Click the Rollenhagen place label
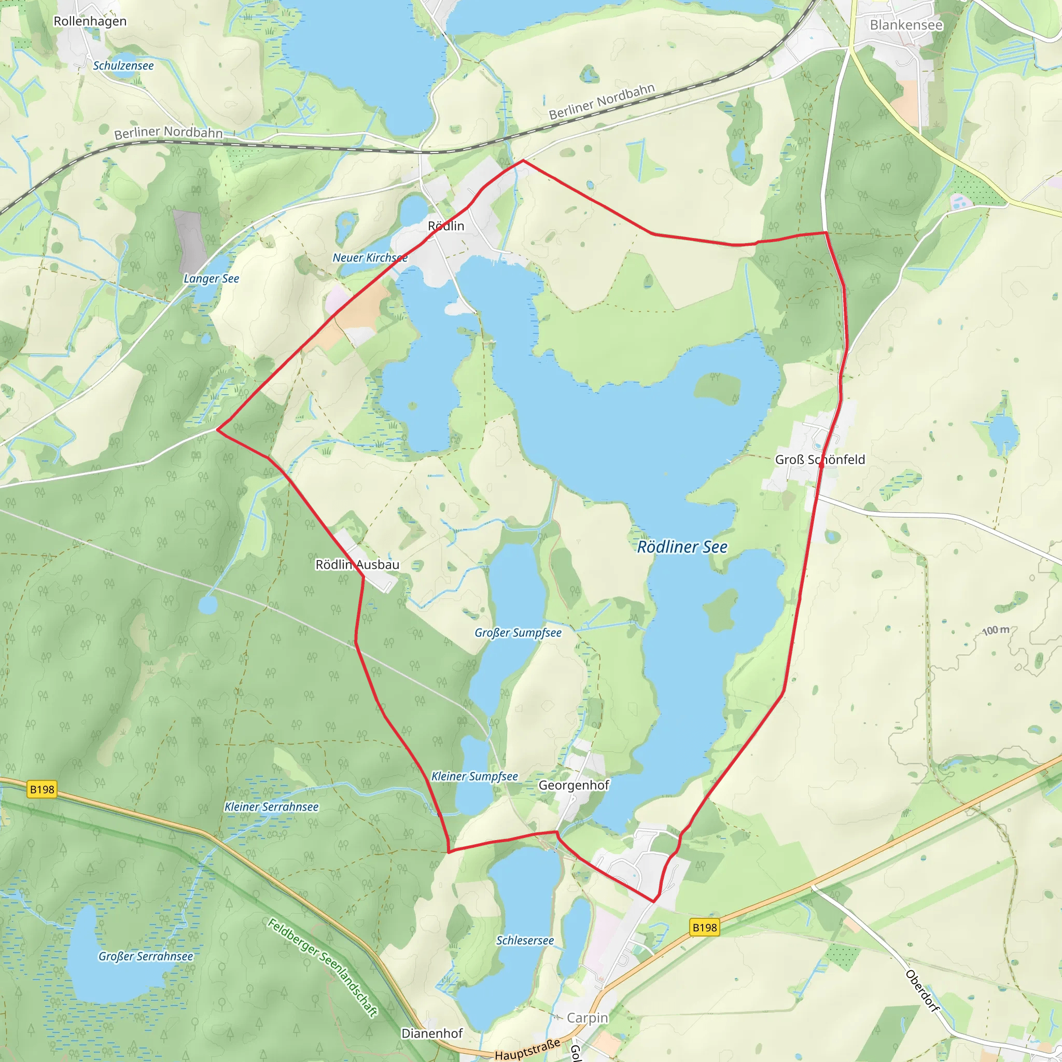point(90,21)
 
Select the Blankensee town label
point(906,25)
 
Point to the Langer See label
point(211,278)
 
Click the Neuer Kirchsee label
point(370,258)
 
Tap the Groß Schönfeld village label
point(820,459)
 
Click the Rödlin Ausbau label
point(357,565)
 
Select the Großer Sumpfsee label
point(518,633)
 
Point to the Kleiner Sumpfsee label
point(474,776)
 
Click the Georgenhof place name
point(574,785)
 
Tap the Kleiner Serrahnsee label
point(272,807)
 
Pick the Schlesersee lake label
point(525,941)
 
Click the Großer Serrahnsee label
point(146,956)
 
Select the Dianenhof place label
point(432,1033)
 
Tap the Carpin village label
point(587,1018)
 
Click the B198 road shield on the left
point(43,790)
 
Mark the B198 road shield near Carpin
point(705,928)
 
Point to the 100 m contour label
point(996,630)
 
